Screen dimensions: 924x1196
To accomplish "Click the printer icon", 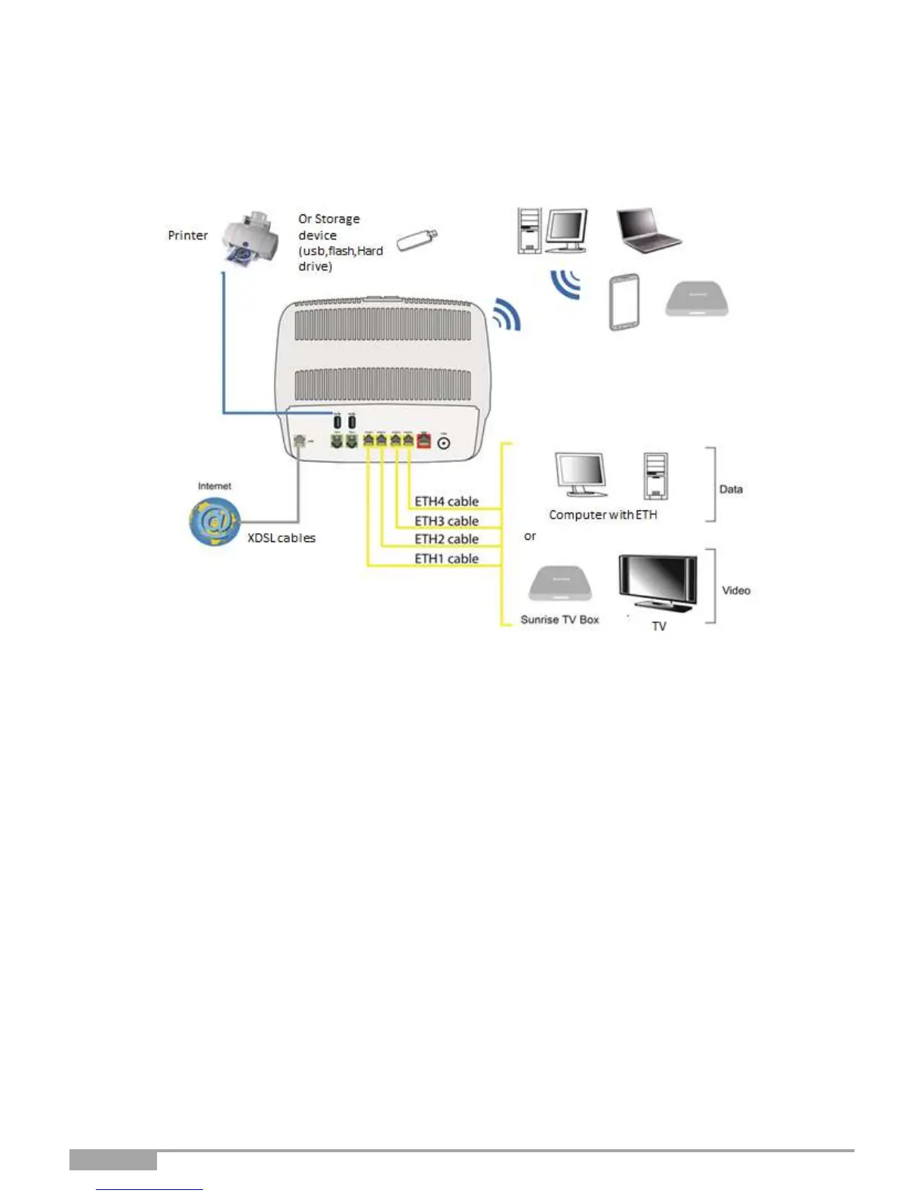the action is [249, 238].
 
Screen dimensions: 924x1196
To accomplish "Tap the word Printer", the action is [187, 236].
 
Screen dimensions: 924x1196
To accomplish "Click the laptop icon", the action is [648, 230].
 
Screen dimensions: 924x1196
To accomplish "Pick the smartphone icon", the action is [624, 302].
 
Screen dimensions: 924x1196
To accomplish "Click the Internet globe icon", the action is [214, 520].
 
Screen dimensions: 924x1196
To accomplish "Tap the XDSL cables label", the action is [282, 538].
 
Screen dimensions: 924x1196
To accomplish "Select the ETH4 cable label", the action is [446, 501].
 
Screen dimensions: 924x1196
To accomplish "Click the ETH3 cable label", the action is [446, 521].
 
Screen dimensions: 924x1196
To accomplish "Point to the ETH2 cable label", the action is [446, 539].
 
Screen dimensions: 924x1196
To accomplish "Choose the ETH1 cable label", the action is [446, 559].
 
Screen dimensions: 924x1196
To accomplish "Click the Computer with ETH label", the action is [602, 515].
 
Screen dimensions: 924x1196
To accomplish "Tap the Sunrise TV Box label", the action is [559, 620].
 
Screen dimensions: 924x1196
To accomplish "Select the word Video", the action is [736, 590].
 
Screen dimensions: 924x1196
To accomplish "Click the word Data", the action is [731, 489].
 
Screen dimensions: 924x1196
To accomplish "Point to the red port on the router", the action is [423, 441].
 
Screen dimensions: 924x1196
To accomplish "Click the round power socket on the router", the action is [444, 443].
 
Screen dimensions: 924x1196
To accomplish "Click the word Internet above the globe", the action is [214, 486].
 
